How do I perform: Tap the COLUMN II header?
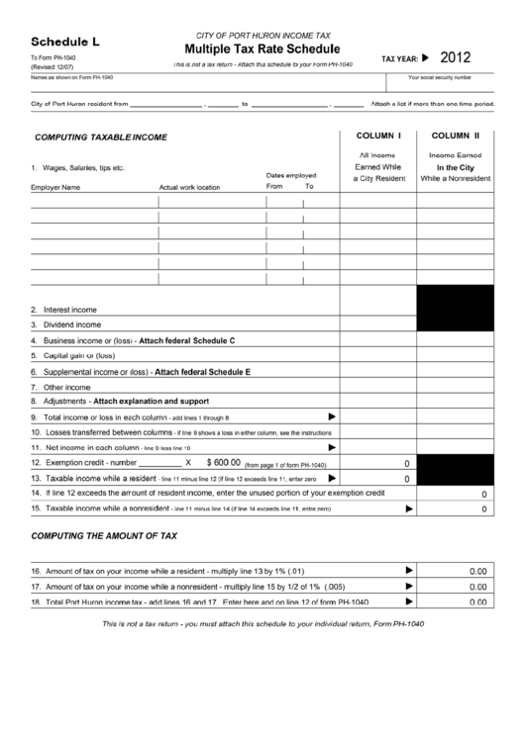(455, 135)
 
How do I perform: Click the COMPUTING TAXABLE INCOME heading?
(101, 137)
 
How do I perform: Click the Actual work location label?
(189, 186)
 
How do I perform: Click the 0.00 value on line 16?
(477, 570)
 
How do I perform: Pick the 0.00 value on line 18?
(477, 602)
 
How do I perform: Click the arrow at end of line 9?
(332, 417)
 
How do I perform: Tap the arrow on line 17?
(409, 586)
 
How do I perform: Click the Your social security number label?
(440, 76)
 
